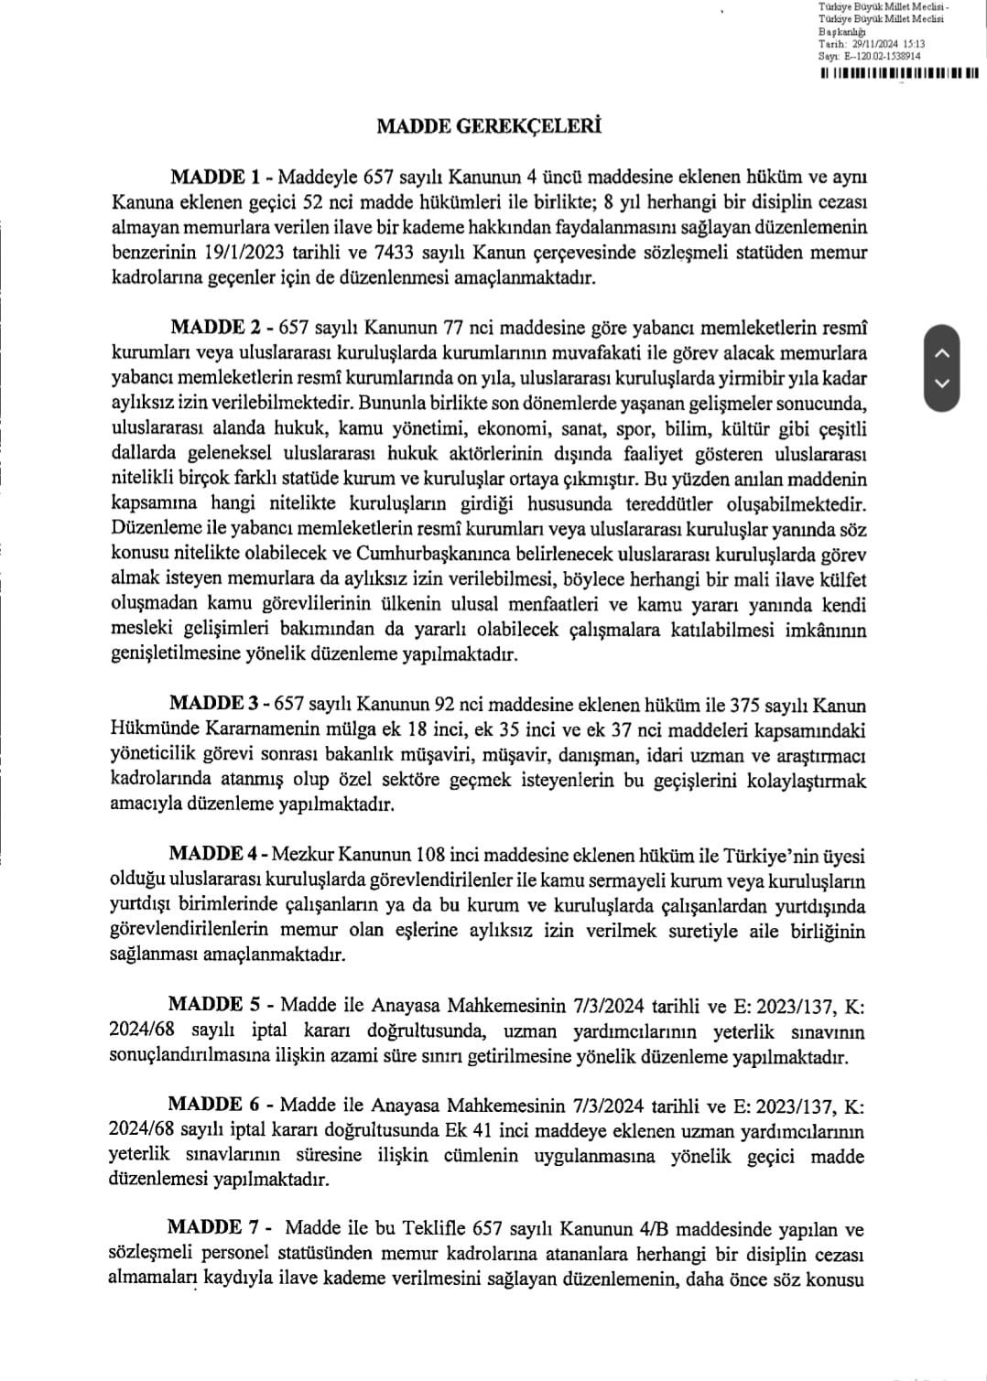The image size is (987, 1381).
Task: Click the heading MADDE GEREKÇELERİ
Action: coord(489,126)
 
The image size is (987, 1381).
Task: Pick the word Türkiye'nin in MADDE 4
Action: coord(770,856)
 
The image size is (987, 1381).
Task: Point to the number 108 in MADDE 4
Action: coord(431,856)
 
